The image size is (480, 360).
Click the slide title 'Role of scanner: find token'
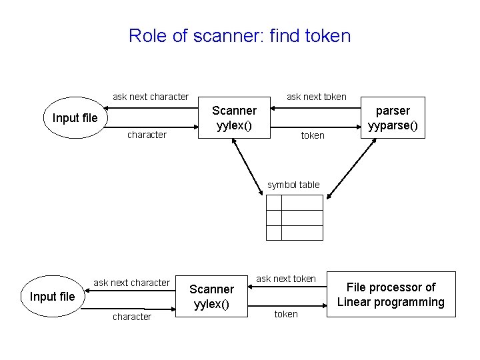coord(239,35)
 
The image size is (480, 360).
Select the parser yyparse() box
coord(393,118)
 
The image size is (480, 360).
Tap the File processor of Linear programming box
coord(390,295)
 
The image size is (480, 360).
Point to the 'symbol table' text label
coord(293,185)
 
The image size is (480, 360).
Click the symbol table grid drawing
coord(294,217)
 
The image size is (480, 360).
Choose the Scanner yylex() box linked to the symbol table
coord(234,118)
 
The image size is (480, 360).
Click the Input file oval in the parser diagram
coord(75,118)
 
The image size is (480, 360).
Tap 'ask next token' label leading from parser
coord(316,97)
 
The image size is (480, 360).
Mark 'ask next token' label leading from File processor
coord(286,279)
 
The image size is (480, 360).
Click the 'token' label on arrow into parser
coord(313,135)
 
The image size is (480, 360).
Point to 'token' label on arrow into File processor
coord(286,314)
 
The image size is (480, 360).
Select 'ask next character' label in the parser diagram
coord(151,97)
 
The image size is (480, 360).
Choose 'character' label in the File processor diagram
coord(131,317)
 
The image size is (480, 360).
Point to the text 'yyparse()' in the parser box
coord(393,125)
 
